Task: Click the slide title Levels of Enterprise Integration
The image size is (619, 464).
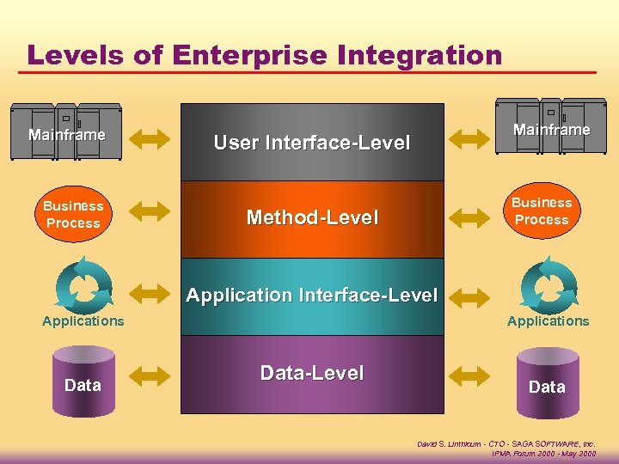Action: point(264,55)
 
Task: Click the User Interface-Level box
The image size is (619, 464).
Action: point(311,143)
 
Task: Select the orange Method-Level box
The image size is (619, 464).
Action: point(311,218)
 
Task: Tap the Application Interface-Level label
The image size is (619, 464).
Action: point(311,295)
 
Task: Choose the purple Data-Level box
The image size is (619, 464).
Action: point(311,373)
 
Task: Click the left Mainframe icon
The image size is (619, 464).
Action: point(66,133)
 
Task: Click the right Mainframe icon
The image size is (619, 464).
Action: point(551,129)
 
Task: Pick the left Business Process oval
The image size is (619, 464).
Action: point(73,214)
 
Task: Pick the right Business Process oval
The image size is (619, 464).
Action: point(541,211)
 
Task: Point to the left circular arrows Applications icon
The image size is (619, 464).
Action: point(83,283)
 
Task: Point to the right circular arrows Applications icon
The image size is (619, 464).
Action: point(548,284)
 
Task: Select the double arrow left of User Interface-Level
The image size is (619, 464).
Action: point(154,139)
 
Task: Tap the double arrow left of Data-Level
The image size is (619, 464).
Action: point(154,375)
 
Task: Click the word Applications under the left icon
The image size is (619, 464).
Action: point(83,321)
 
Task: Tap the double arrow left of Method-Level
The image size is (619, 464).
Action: point(154,215)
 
